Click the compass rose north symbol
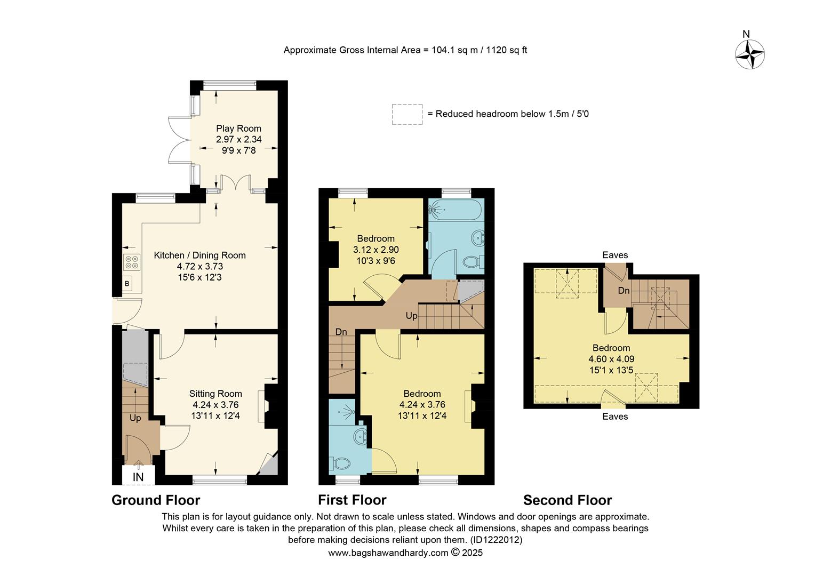pyautogui.click(x=750, y=54)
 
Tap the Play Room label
pyautogui.click(x=238, y=129)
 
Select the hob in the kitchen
pyautogui.click(x=132, y=262)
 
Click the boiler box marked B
pyautogui.click(x=127, y=284)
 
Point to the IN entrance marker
pyautogui.click(x=138, y=477)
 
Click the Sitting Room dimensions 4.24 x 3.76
pyautogui.click(x=215, y=405)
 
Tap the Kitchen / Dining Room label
pyautogui.click(x=199, y=255)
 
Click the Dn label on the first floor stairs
pyautogui.click(x=341, y=332)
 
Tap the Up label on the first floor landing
pyautogui.click(x=411, y=316)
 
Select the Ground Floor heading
pyautogui.click(x=156, y=500)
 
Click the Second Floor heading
pyautogui.click(x=568, y=500)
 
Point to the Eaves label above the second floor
pyautogui.click(x=615, y=255)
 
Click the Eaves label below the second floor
pyautogui.click(x=615, y=417)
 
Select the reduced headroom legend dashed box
pyautogui.click(x=407, y=114)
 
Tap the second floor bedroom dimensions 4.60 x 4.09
pyautogui.click(x=611, y=359)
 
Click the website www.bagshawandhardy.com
pyautogui.click(x=388, y=553)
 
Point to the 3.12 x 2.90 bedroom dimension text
pyautogui.click(x=376, y=250)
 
